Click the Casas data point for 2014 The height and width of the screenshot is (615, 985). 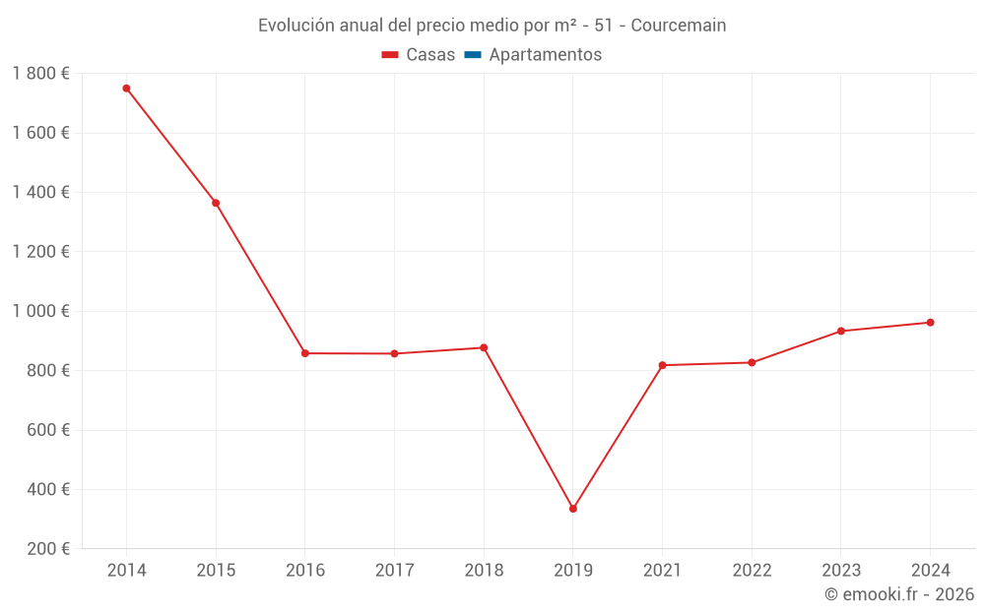coord(126,89)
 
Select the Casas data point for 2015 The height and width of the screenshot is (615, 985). coord(216,203)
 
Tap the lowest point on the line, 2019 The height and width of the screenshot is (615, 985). coord(573,509)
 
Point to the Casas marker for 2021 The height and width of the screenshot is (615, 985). coord(662,365)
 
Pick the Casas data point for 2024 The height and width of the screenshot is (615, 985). coord(930,323)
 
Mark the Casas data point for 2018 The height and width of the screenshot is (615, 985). coord(484,347)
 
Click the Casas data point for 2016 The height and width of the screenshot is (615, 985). coord(305,353)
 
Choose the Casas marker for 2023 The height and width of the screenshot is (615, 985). coord(841,331)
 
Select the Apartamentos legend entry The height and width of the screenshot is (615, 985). coord(545,55)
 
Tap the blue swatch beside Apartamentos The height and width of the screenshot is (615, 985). coord(472,55)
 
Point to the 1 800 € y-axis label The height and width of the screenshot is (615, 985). coord(40,74)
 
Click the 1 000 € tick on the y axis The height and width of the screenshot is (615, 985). coord(40,311)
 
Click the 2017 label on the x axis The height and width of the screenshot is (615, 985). coord(394,571)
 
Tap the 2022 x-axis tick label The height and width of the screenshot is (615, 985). coord(752,571)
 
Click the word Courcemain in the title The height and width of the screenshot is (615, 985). coord(678,26)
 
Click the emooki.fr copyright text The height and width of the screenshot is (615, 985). coord(899,594)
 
